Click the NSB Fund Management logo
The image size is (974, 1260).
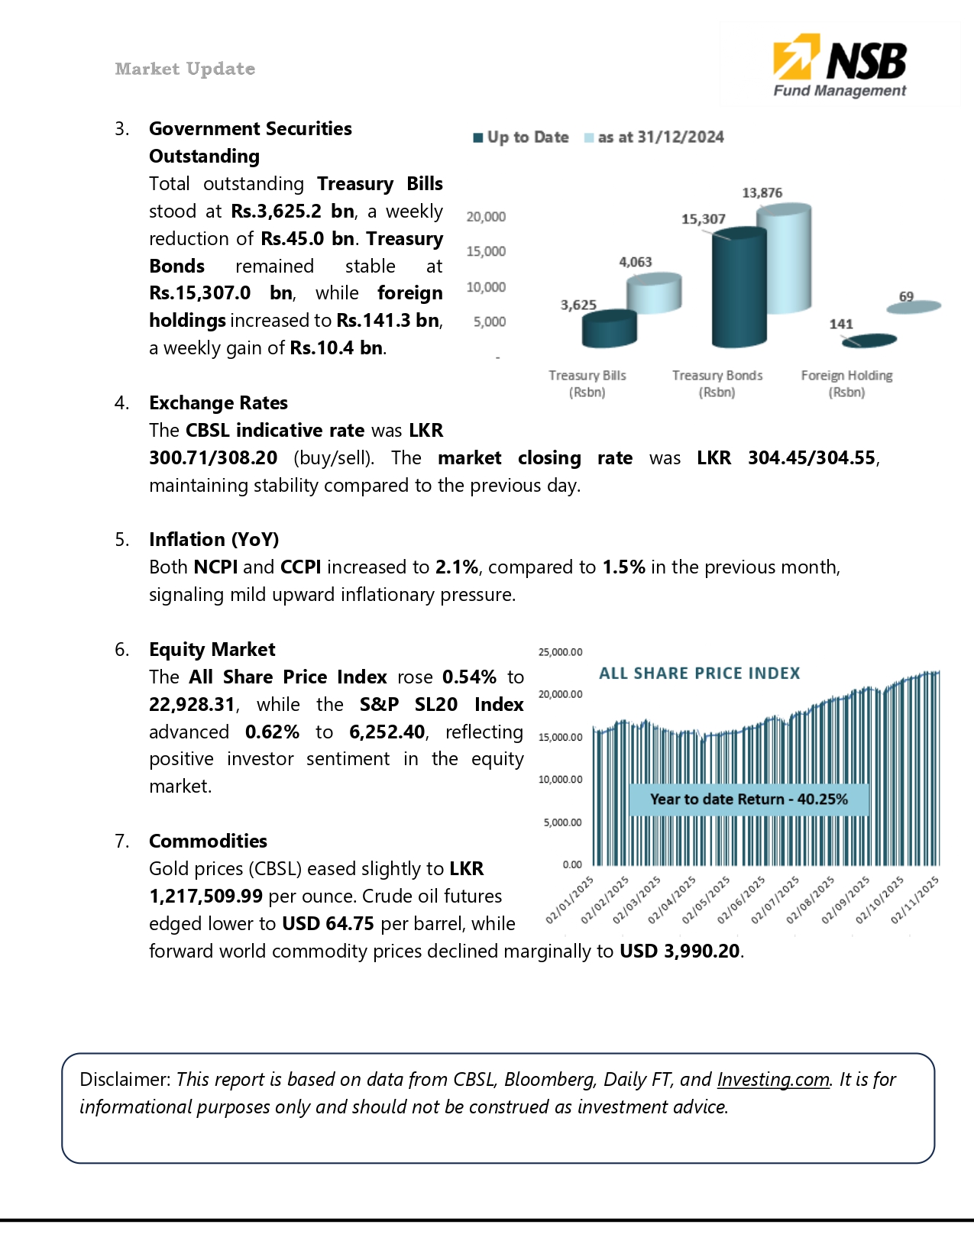(x=840, y=66)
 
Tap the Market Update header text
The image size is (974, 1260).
(x=185, y=69)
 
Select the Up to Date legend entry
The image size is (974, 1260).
(x=521, y=137)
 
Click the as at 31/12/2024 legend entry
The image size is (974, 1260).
(x=654, y=137)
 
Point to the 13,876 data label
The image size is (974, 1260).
(x=762, y=192)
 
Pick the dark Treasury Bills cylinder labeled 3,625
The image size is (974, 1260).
(x=609, y=329)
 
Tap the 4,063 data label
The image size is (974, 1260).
(x=635, y=262)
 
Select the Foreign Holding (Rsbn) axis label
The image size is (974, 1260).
(x=846, y=383)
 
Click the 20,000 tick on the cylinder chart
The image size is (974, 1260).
(x=486, y=217)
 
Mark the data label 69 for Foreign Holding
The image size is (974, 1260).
(x=906, y=296)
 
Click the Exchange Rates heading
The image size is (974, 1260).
(x=218, y=403)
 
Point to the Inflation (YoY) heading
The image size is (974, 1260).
(x=214, y=540)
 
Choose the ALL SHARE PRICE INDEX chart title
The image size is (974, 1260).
(x=699, y=674)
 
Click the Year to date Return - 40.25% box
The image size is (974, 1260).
(x=749, y=800)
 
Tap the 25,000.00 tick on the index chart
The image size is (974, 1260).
(x=560, y=652)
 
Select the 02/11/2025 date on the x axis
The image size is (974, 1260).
(x=915, y=901)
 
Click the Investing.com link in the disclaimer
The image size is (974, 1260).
(x=773, y=1080)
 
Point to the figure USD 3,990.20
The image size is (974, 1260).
(x=680, y=951)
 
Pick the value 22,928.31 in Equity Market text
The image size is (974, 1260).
(x=192, y=705)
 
